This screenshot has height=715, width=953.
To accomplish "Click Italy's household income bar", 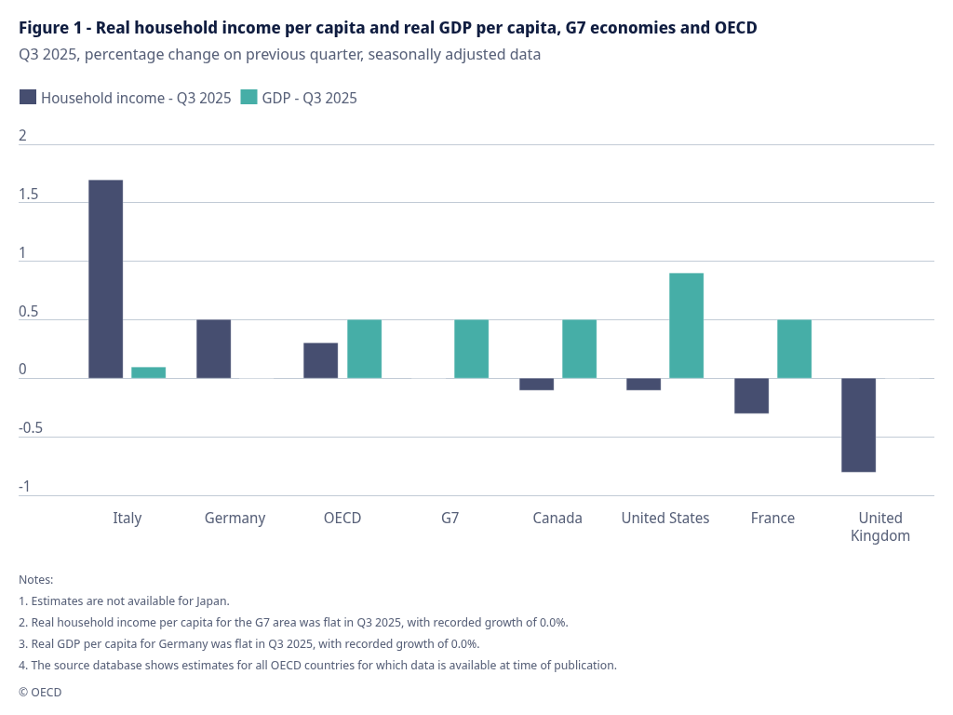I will tap(105, 278).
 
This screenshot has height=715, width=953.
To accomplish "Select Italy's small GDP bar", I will tap(148, 372).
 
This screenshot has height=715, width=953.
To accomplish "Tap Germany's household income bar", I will tap(213, 348).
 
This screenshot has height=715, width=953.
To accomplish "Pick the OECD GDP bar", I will tap(364, 348).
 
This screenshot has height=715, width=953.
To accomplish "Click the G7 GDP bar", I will tap(471, 348).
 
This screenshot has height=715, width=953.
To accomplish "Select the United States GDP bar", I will tap(686, 325).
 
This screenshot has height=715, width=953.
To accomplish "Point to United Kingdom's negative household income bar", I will tap(858, 425).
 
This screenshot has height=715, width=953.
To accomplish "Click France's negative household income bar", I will tap(751, 396).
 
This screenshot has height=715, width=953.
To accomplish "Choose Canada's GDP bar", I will tap(579, 348).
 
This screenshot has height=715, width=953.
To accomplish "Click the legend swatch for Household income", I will tap(28, 97).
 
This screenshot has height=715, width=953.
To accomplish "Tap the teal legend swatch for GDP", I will tap(248, 97).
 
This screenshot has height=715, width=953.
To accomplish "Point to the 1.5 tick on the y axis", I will tap(29, 195).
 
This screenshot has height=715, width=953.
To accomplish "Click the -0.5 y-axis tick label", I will tap(31, 428).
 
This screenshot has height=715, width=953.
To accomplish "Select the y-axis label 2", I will tap(23, 136).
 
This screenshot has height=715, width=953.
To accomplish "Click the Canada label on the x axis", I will tap(557, 518).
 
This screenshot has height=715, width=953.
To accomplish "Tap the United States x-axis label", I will tap(664, 518).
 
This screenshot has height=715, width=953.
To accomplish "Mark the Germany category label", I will tap(235, 518).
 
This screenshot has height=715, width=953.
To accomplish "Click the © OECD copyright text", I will tap(40, 692).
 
